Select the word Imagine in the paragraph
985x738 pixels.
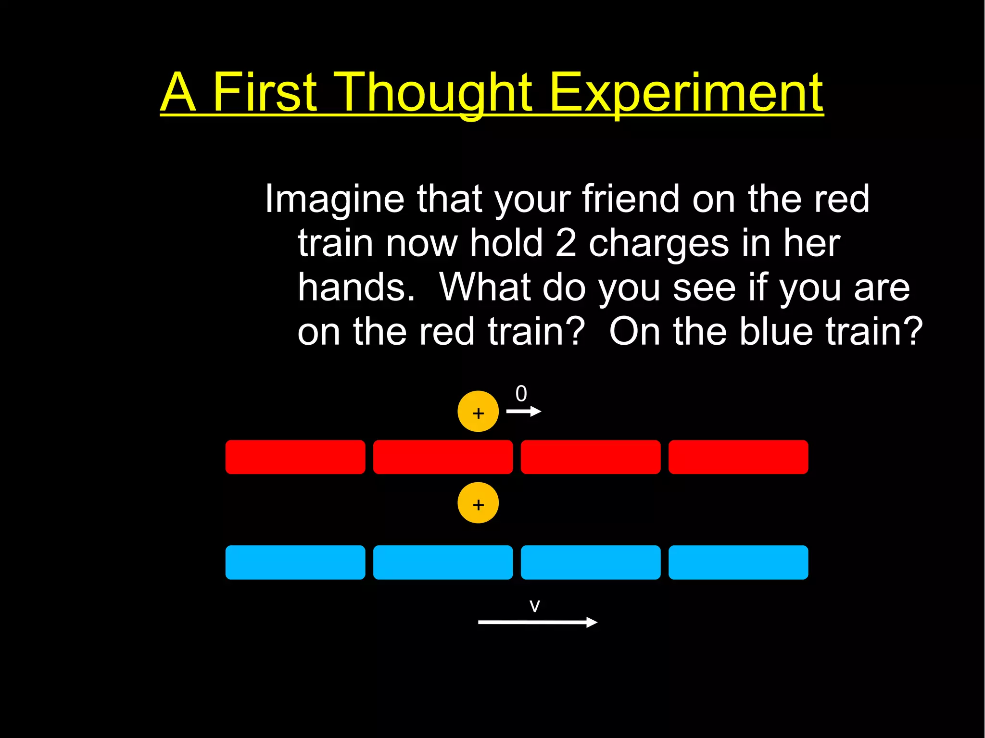(335, 200)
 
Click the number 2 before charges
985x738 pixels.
(566, 243)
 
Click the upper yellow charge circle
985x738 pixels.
(478, 412)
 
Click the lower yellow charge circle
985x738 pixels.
(478, 503)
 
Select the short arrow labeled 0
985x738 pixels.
(524, 412)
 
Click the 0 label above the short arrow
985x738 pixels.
(521, 394)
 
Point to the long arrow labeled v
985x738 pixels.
(538, 622)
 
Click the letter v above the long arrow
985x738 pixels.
(535, 606)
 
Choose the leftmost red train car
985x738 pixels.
(295, 457)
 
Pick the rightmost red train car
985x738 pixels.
(738, 457)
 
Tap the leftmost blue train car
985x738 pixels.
(295, 562)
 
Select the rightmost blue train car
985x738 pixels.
(738, 562)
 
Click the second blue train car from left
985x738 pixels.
(443, 562)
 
